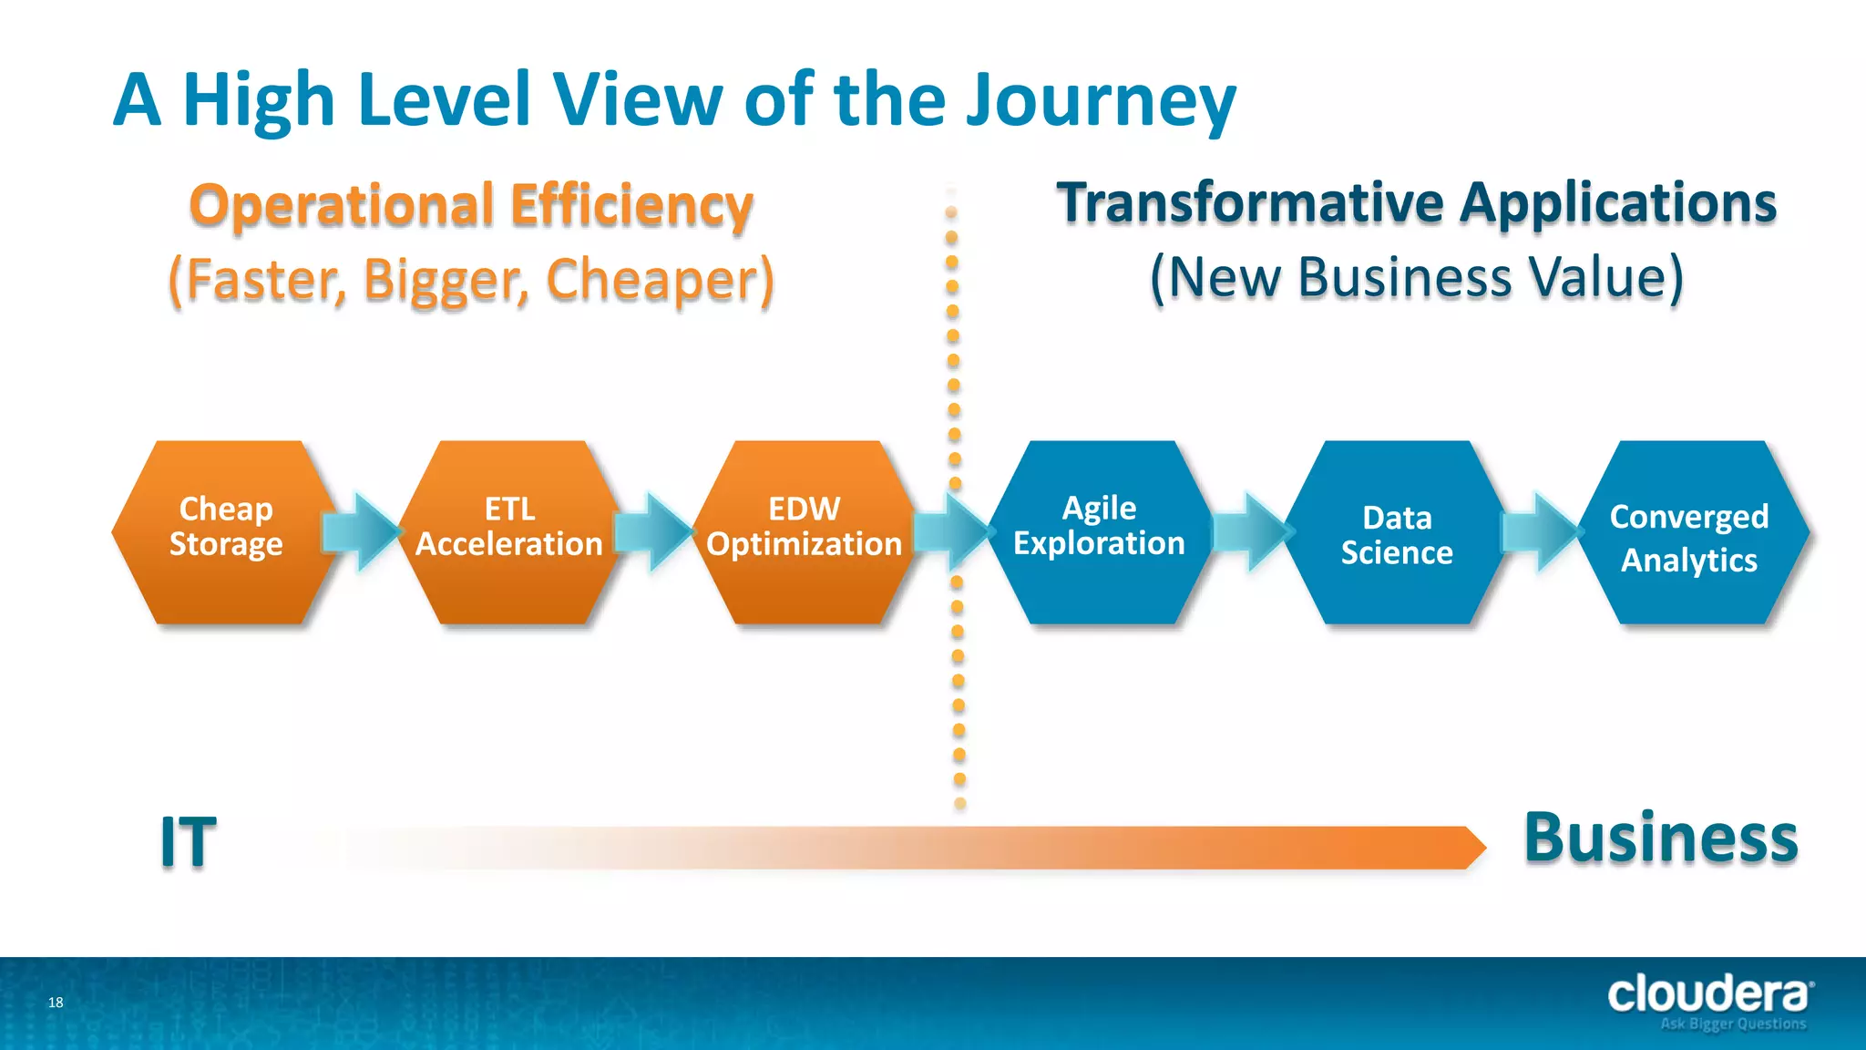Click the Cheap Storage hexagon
(225, 532)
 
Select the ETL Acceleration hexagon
(509, 532)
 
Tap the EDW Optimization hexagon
(804, 532)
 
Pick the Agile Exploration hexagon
(1099, 532)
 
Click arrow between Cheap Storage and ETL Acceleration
(363, 532)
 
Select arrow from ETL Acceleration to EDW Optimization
(654, 532)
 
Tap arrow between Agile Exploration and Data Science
(1250, 532)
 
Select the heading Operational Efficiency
(471, 204)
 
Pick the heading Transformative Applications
(1417, 202)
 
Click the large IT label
(189, 842)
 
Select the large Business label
(1660, 839)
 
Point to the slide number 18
(56, 1003)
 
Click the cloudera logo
(1709, 995)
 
